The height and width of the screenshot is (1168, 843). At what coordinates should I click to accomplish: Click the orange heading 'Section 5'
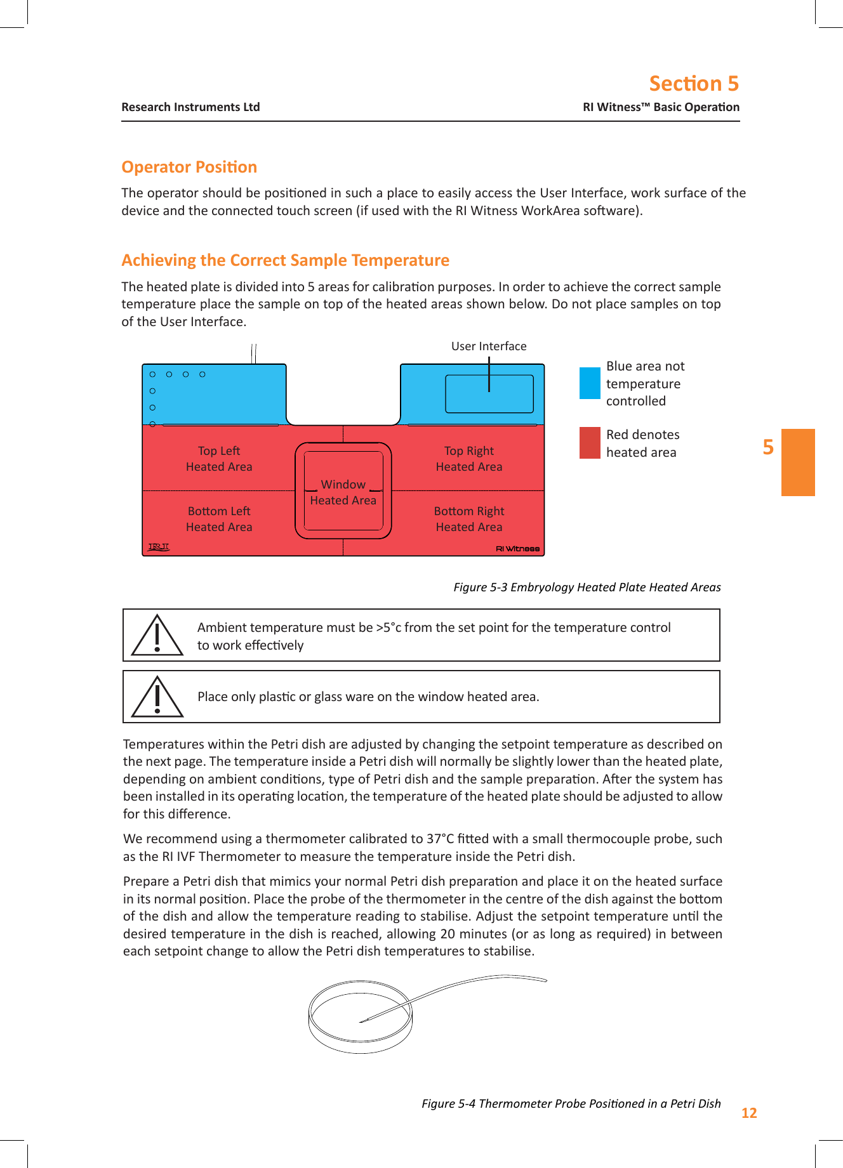(693, 84)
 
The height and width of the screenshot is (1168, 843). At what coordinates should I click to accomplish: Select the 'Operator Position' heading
(189, 167)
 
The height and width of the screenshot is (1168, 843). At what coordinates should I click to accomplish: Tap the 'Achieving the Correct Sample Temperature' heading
(285, 260)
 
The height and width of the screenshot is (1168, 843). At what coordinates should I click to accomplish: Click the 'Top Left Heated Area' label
(219, 459)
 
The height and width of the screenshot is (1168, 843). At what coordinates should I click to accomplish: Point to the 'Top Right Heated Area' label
(469, 459)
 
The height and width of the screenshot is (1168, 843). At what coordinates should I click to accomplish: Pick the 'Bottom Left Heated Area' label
(219, 519)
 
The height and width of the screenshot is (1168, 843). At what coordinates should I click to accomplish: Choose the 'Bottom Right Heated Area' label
(469, 519)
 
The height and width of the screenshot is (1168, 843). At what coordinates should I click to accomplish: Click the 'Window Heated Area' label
(343, 492)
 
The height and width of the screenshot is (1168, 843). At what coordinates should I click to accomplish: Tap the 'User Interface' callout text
(489, 346)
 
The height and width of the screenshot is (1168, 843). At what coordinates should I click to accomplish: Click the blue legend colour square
(590, 383)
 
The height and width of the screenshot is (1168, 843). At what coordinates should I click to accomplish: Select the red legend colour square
(590, 443)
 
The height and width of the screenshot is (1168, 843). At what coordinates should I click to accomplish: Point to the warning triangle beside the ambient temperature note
(157, 636)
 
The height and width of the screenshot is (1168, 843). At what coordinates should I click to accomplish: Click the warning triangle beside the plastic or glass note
(157, 697)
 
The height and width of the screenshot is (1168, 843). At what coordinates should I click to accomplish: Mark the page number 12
(749, 1113)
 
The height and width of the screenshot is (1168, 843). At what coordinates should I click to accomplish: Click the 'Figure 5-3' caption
(587, 587)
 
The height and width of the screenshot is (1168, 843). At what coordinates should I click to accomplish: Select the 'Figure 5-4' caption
(571, 1103)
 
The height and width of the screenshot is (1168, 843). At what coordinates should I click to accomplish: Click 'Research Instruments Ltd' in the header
(190, 107)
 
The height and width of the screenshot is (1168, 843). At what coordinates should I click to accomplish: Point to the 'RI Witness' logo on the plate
(517, 549)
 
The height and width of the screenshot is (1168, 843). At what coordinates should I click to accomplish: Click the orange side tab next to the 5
(798, 463)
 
